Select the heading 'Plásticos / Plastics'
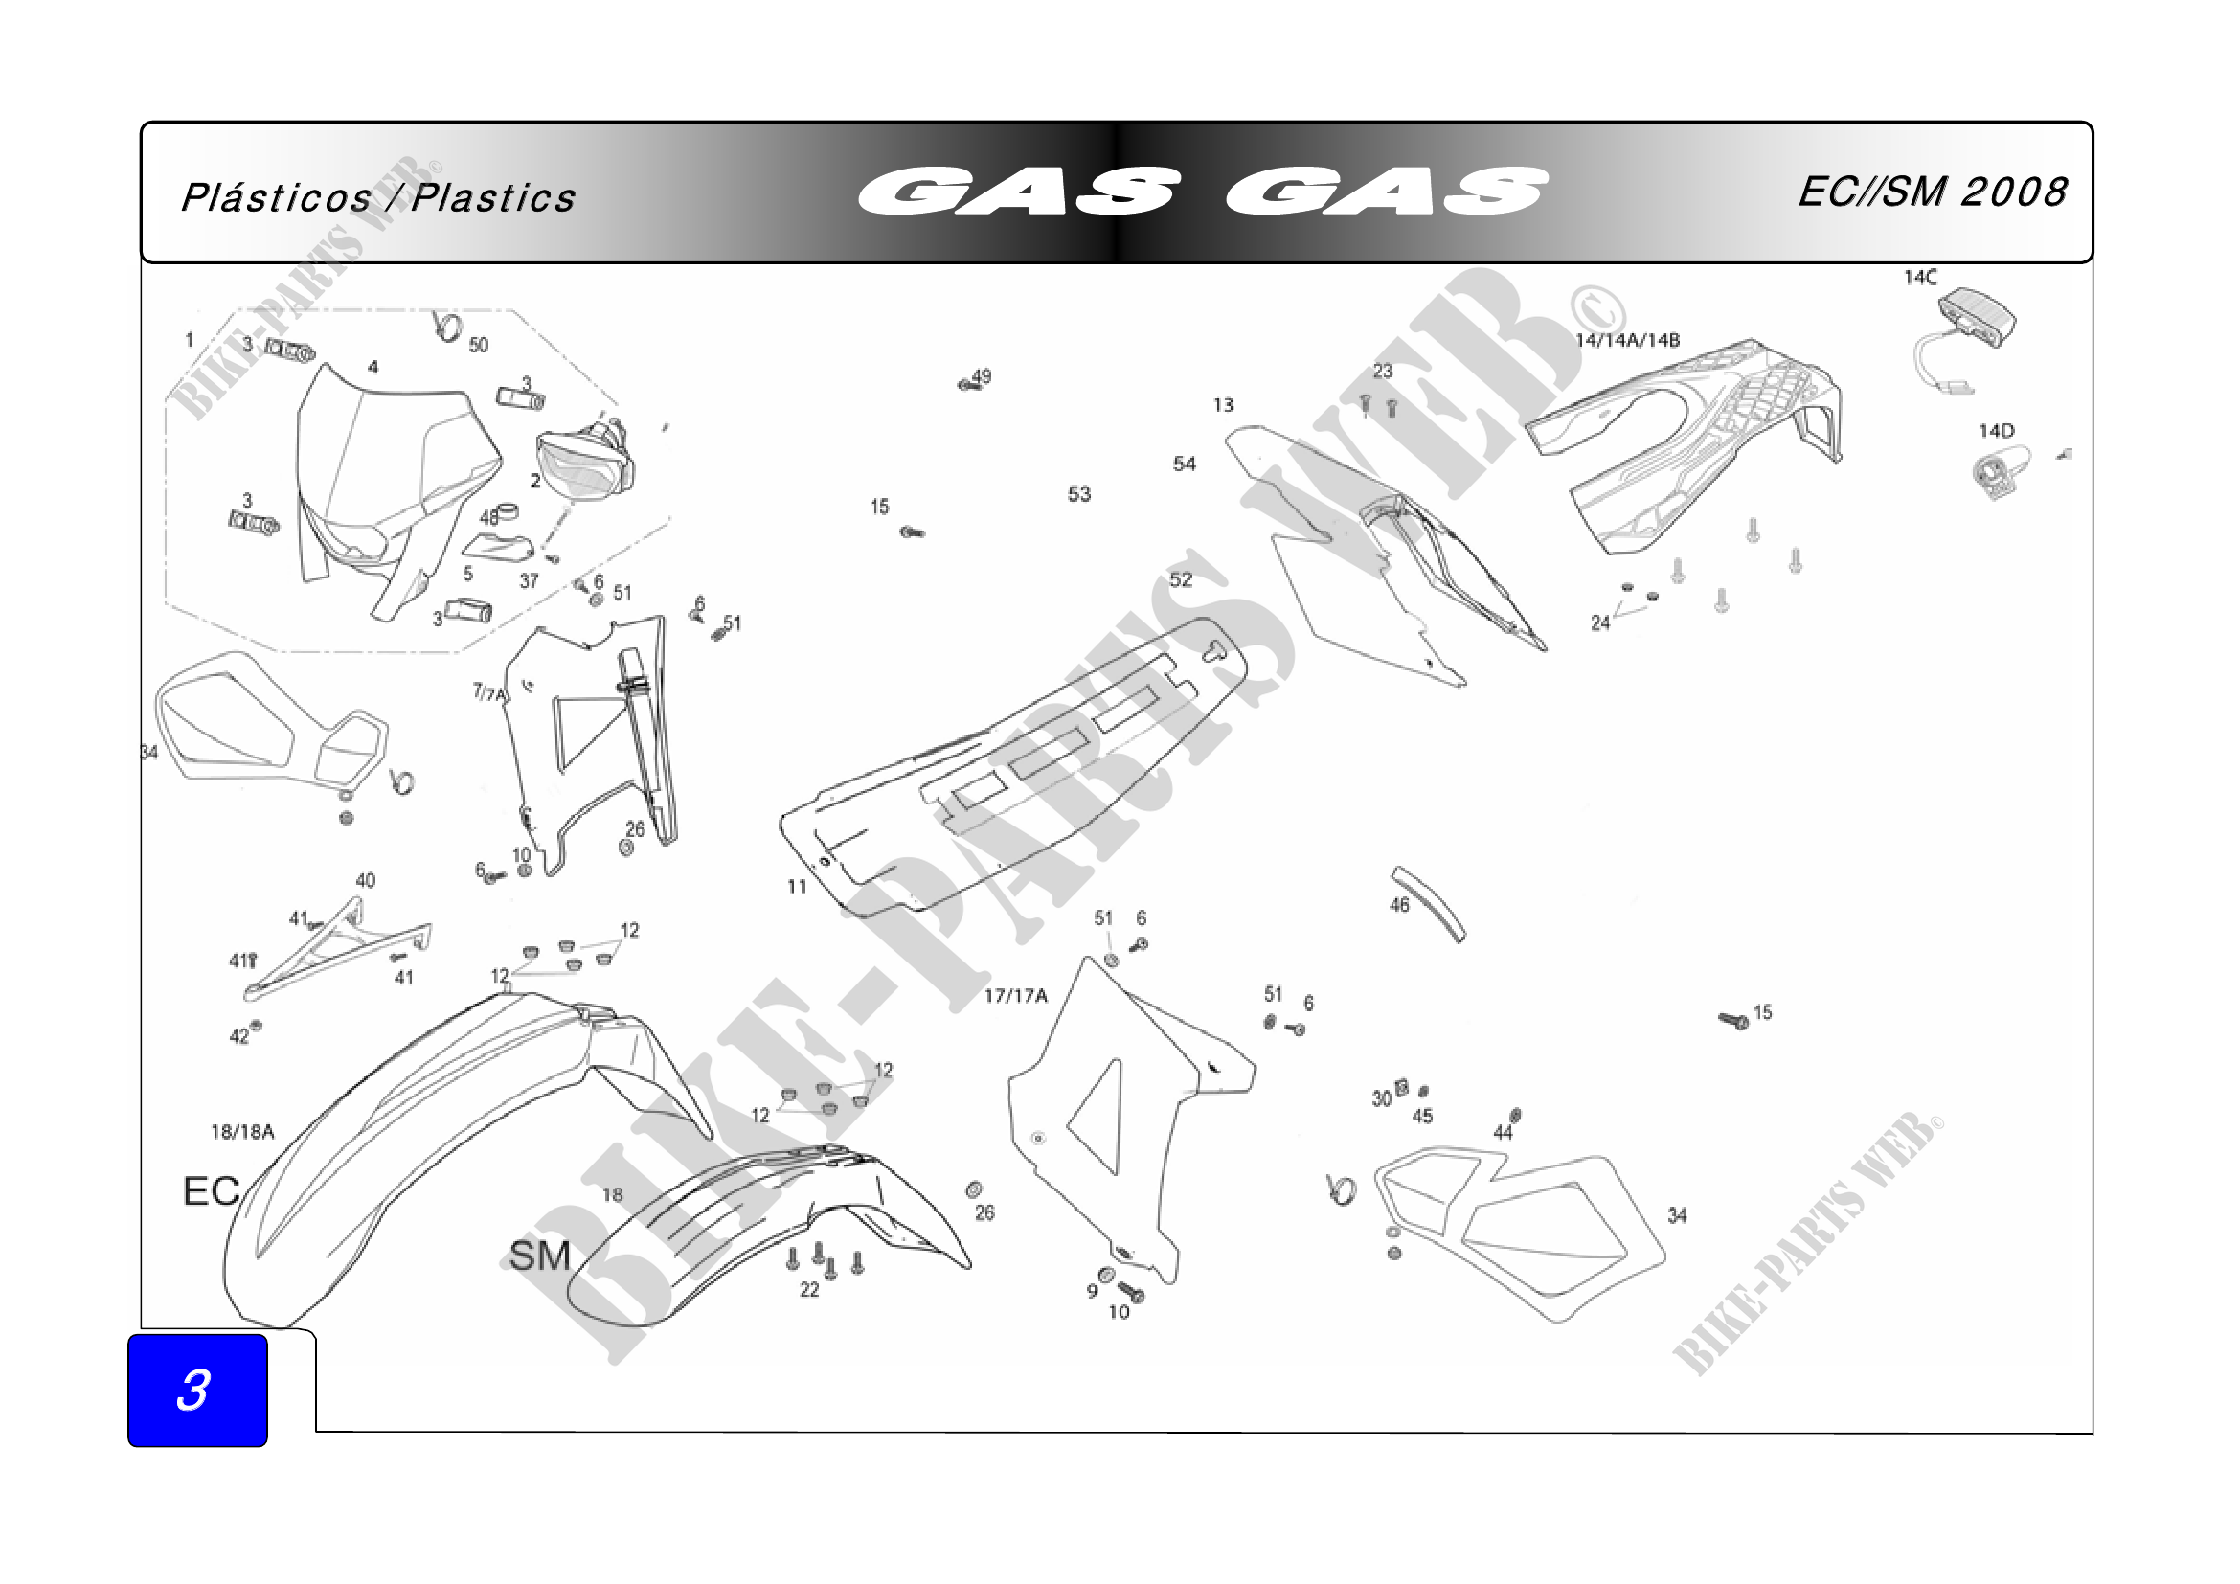coord(378,198)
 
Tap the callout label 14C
coord(1920,278)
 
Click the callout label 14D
coord(1996,430)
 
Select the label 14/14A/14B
coord(1627,340)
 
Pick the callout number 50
coord(478,345)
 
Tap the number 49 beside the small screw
coord(982,375)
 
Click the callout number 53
coord(1079,493)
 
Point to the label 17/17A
coord(1014,995)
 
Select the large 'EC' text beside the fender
coord(211,1190)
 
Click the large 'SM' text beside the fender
coord(538,1256)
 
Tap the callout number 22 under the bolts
coord(810,1289)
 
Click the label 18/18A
coord(242,1131)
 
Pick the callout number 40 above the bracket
coord(365,880)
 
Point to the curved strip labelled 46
coord(1430,903)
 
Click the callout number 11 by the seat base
coord(797,887)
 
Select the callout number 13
coord(1223,405)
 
